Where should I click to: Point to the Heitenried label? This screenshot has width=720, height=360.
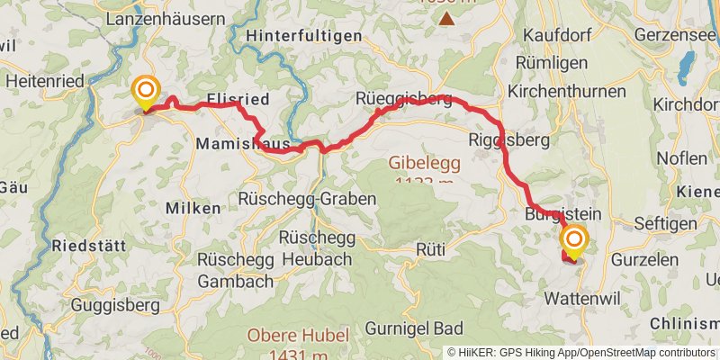[44, 81]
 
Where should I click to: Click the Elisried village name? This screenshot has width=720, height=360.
[238, 101]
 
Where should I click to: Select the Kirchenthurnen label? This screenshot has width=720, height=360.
[567, 92]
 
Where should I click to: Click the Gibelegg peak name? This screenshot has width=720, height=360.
[423, 164]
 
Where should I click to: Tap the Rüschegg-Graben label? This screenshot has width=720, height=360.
[307, 198]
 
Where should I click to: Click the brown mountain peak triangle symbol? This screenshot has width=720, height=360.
[446, 16]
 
